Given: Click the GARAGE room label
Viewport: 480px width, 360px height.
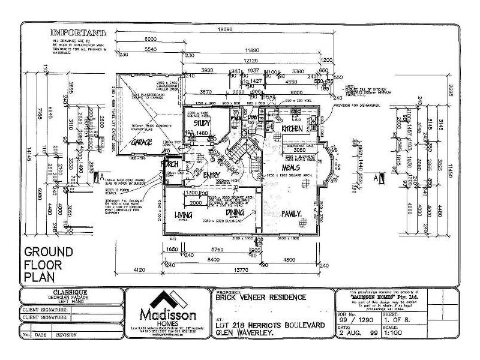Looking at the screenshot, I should (x=142, y=143).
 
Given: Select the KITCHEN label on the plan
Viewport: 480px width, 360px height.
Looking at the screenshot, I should (x=292, y=129).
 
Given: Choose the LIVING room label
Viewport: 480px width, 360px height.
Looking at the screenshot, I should (x=182, y=214).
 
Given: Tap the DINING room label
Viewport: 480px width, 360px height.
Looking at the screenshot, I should (x=235, y=212).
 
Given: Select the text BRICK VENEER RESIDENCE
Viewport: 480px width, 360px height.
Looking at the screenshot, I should (x=259, y=297).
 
